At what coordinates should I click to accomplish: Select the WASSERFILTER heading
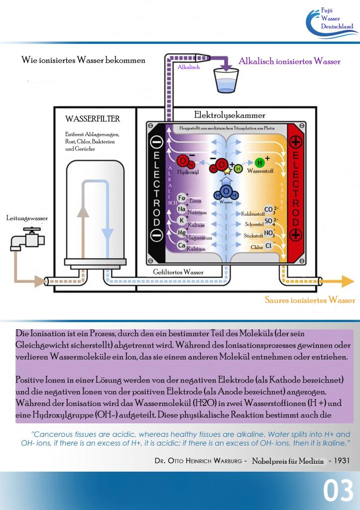[93, 119]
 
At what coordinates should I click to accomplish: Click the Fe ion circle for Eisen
[182, 198]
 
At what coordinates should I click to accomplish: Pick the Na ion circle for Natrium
[182, 209]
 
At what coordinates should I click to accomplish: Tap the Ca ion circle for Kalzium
[182, 245]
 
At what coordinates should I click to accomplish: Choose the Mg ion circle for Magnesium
[182, 233]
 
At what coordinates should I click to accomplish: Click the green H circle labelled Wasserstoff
[259, 162]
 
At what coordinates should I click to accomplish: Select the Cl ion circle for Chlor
[268, 246]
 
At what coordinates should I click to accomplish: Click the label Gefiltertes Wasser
[178, 272]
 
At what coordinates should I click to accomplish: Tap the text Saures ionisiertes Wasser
[310, 300]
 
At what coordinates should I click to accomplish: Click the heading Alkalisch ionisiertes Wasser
[289, 61]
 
